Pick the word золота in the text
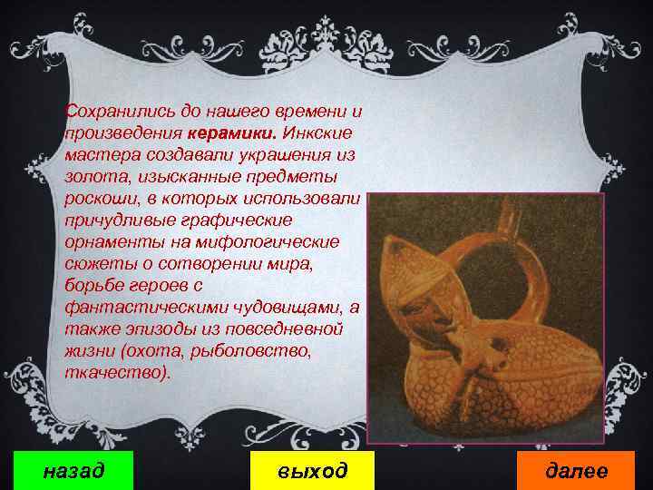point(91,176)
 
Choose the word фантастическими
point(139,307)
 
